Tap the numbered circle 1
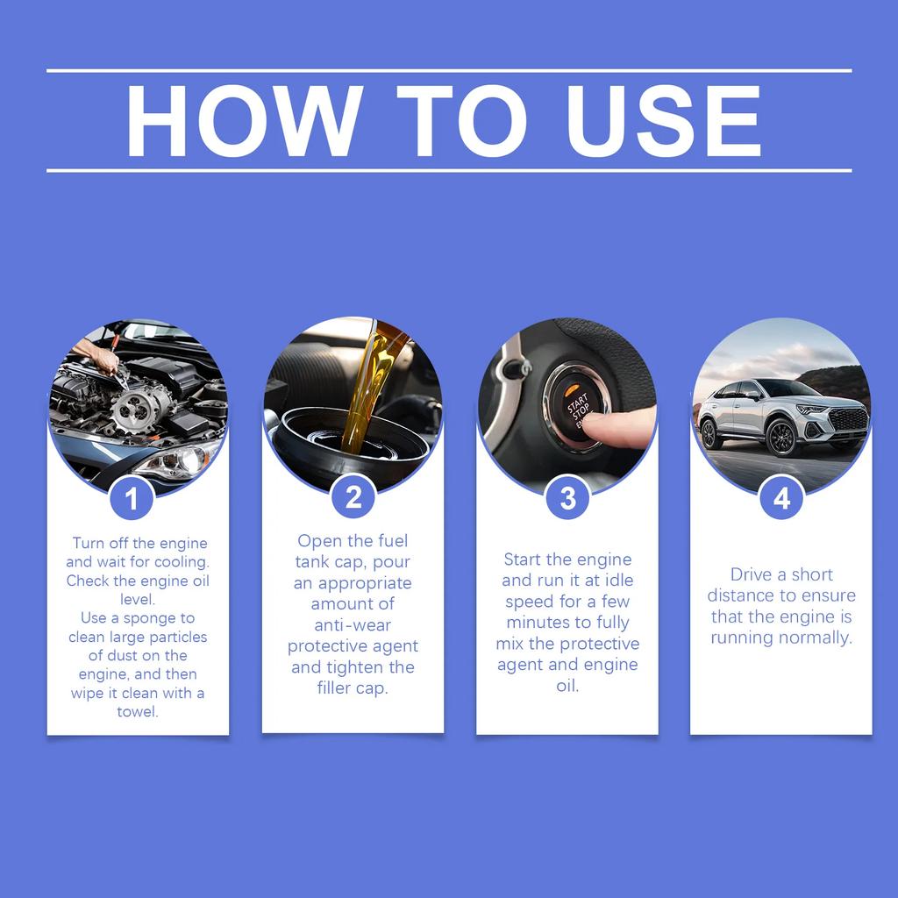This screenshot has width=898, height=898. click(x=132, y=500)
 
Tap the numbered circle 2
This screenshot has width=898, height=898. click(x=353, y=498)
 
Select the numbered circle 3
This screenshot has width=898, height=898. click(x=567, y=498)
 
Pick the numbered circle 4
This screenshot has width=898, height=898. click(x=781, y=498)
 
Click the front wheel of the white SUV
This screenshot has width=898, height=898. click(x=780, y=437)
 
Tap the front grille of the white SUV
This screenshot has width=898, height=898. click(x=847, y=419)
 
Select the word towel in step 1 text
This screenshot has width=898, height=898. click(x=137, y=712)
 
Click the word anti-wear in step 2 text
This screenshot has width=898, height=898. click(x=353, y=625)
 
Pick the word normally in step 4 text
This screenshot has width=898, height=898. click(x=816, y=638)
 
